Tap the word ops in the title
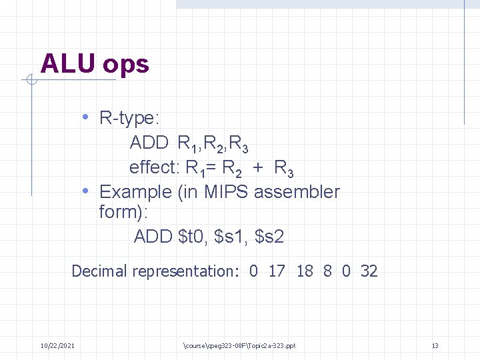pos(126,65)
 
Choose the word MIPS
pos(226,192)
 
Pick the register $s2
pos(269,236)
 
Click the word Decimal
pos(99,271)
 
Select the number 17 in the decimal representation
pos(277,271)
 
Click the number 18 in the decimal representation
pos(305,271)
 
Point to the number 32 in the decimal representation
pos(369,271)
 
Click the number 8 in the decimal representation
pos(327,271)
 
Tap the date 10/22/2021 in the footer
pos(57,345)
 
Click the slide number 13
pos(435,345)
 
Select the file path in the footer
pos(239,345)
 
